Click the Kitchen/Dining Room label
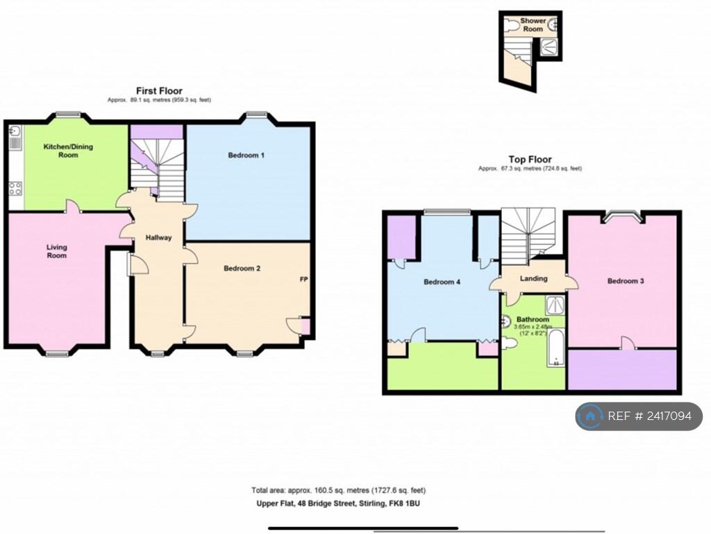pos(68,151)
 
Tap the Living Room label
pos(57,251)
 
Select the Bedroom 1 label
pos(246,155)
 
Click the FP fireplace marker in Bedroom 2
pos(303,280)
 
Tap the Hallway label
pos(158,238)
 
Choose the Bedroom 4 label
pos(442,282)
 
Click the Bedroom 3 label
pos(625,281)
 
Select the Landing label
pos(533,279)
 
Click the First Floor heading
pos(159,91)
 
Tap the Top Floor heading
pos(530,159)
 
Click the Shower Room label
pos(533,25)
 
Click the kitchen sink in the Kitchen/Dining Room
pos(14,131)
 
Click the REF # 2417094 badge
pos(639,416)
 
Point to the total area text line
pos(338,490)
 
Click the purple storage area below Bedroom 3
pos(622,369)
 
